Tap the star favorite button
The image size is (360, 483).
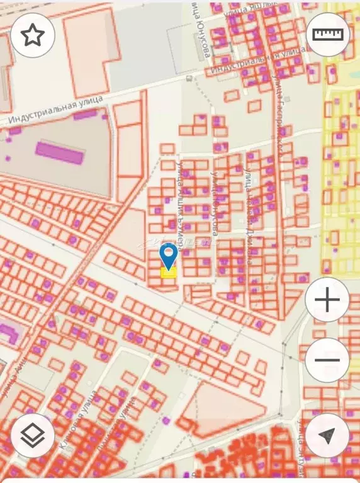[x=32, y=35]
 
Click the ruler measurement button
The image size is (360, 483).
[x=328, y=35]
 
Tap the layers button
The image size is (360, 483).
[x=32, y=435]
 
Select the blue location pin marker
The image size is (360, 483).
[x=168, y=256]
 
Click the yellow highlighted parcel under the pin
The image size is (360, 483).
[x=168, y=272]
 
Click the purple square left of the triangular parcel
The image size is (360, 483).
[x=166, y=420]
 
